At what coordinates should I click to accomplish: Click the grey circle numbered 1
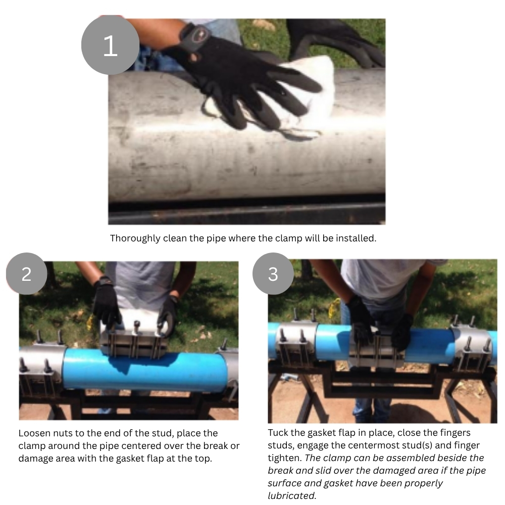click(x=110, y=45)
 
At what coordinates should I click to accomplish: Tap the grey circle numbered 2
click(x=26, y=274)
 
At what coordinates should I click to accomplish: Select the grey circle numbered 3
click(x=273, y=274)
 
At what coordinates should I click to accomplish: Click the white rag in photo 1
click(x=299, y=96)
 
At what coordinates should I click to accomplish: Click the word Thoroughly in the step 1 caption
click(x=135, y=238)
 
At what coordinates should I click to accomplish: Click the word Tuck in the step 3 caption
click(x=277, y=433)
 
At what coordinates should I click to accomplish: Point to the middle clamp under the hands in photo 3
click(x=377, y=351)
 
